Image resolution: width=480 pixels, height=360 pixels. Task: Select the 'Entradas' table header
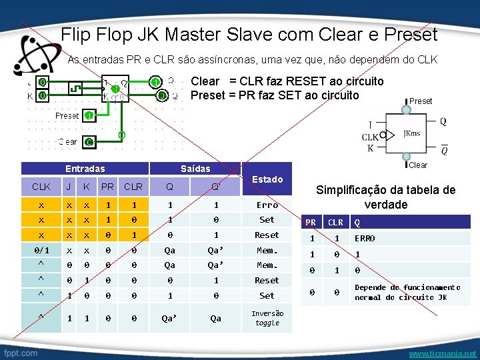[x=85, y=169]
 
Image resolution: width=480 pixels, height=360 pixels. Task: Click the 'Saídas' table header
[x=195, y=169]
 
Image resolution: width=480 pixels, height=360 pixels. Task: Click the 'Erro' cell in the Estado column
[x=267, y=205]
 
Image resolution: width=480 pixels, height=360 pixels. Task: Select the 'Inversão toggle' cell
[x=267, y=318]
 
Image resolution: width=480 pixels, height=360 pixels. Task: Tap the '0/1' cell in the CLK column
[x=41, y=250]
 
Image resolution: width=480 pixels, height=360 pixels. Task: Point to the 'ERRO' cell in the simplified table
[x=365, y=238]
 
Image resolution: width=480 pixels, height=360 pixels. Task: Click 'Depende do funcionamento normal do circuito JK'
[x=407, y=292]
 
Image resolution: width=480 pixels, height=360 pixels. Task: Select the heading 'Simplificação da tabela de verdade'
[x=385, y=197]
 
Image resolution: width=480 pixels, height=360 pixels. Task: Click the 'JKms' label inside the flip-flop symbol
[x=411, y=133]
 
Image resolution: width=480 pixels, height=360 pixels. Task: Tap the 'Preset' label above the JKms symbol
[x=420, y=101]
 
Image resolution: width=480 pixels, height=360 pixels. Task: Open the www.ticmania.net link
[x=442, y=353]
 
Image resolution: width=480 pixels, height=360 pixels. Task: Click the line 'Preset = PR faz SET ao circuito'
[x=275, y=95]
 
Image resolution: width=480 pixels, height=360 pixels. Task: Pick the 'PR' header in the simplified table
[x=311, y=223]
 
